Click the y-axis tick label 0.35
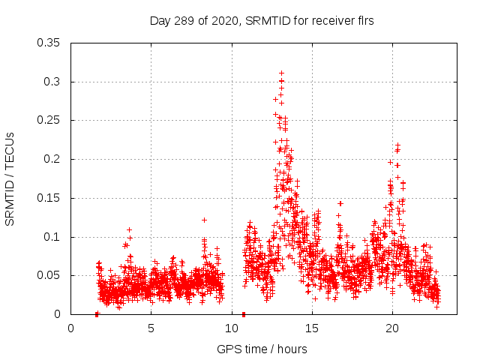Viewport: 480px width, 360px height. pyautogui.click(x=49, y=43)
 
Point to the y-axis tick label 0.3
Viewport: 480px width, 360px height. pyautogui.click(x=52, y=82)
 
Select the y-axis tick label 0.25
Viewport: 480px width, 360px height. pyautogui.click(x=49, y=121)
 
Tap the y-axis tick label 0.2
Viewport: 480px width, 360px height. pyautogui.click(x=52, y=159)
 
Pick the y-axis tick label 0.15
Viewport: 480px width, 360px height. pyautogui.click(x=49, y=198)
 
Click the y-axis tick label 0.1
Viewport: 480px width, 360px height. pyautogui.click(x=52, y=237)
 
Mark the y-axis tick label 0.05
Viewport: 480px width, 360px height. pyautogui.click(x=49, y=276)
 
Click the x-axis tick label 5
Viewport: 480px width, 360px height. pyautogui.click(x=151, y=328)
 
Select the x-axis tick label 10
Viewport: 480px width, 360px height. pyautogui.click(x=231, y=328)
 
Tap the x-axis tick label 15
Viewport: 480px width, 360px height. pyautogui.click(x=312, y=328)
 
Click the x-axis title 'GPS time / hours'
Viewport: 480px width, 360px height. pyautogui.click(x=262, y=349)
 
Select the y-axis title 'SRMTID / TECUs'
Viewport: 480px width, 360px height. pyautogui.click(x=10, y=178)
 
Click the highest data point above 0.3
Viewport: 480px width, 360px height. pyautogui.click(x=281, y=73)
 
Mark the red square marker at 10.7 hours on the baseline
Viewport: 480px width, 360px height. pyautogui.click(x=244, y=314)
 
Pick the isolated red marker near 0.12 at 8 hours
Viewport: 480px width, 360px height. pyautogui.click(x=204, y=220)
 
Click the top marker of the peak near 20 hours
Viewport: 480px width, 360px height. pyautogui.click(x=397, y=145)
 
